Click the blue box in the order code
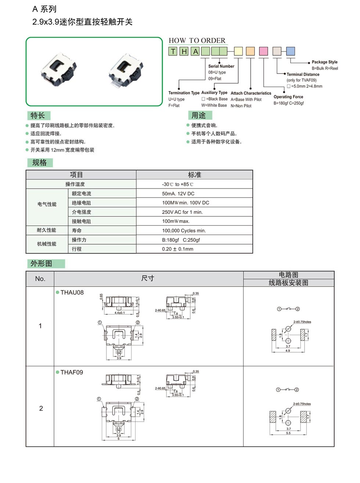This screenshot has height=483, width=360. [x=291, y=51]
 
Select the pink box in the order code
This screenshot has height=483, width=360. [x=263, y=51]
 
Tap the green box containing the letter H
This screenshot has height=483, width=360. [x=184, y=51]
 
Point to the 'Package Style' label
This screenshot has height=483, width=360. [x=324, y=62]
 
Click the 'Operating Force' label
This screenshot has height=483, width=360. [x=288, y=97]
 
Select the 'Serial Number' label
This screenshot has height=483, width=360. [x=221, y=66]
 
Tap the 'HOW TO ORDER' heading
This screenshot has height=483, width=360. [x=197, y=40]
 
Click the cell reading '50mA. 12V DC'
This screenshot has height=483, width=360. [x=178, y=194]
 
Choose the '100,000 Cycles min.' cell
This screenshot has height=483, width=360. [x=184, y=231]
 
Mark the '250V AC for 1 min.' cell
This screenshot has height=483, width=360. [x=182, y=212]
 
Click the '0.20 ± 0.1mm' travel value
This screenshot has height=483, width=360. [x=177, y=249]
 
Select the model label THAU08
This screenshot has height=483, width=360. [x=72, y=292]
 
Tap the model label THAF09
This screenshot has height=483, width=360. [x=72, y=372]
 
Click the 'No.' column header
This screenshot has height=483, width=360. [x=40, y=279]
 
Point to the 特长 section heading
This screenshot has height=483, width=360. [x=38, y=116]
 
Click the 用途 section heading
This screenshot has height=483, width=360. [x=199, y=116]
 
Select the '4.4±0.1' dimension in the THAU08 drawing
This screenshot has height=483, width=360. [x=119, y=313]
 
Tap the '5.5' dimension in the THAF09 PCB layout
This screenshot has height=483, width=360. [x=288, y=433]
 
